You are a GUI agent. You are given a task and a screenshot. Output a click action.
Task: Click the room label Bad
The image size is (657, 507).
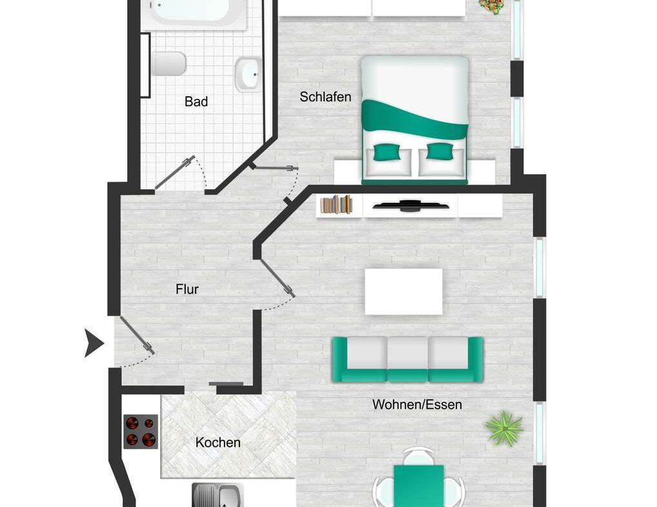pos(196,101)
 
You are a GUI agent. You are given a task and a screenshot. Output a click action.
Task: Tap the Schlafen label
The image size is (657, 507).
pos(325,97)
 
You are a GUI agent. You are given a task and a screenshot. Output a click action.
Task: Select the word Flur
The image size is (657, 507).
pos(187,289)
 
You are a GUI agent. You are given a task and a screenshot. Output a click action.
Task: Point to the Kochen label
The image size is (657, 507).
pos(218,442)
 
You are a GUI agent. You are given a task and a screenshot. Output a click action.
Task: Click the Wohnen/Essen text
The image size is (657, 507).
pos(417,405)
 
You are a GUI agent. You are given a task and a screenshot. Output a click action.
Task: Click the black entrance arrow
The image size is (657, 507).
pos(94,343)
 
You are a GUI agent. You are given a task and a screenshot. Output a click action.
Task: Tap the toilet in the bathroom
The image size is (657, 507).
pos(169,64)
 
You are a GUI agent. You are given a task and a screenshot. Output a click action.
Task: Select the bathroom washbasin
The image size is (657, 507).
pos(248,74)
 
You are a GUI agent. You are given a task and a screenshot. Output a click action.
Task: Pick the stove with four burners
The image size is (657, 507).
pos(141,431)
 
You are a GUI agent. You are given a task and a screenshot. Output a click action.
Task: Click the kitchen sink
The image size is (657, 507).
pos(217,497)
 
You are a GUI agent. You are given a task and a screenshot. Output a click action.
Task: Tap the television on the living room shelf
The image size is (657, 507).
pos(411,207)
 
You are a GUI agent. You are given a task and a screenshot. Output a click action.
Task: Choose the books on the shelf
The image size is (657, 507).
pos(337,205)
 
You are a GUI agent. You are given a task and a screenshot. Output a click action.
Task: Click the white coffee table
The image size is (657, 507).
pos(403,291)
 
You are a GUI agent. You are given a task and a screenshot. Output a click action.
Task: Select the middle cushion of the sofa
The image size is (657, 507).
pos(407,353)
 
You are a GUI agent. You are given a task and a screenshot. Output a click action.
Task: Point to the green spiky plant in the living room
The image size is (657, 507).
pos(503,428)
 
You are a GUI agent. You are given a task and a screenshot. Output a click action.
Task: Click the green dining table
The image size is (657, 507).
pos(418,486)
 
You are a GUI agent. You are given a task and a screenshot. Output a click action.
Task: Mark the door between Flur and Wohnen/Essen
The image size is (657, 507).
pos(278,278)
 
